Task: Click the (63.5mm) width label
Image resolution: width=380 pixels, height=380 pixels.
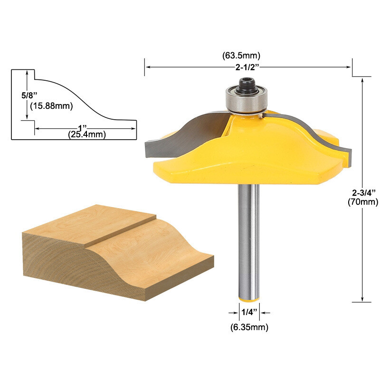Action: click(x=248, y=56)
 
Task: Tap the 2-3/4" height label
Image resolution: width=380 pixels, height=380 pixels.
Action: click(x=364, y=192)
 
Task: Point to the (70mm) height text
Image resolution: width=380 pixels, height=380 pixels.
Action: click(x=364, y=201)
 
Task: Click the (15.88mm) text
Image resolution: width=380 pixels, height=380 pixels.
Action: click(x=50, y=106)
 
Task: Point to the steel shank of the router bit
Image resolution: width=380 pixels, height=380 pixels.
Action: click(x=248, y=237)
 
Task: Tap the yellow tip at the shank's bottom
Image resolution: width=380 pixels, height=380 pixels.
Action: click(x=248, y=299)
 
